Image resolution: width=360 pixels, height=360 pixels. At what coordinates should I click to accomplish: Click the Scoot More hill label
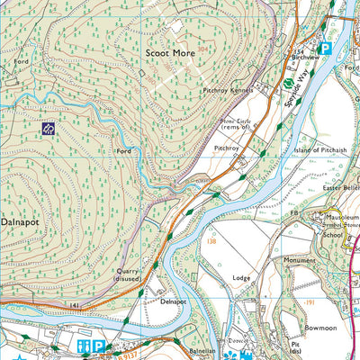(x=170, y=53)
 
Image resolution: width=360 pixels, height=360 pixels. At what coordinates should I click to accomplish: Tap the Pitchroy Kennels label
(x=229, y=91)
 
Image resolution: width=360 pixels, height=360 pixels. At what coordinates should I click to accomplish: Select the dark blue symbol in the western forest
(x=48, y=129)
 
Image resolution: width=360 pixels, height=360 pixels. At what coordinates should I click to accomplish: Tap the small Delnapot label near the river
(x=172, y=302)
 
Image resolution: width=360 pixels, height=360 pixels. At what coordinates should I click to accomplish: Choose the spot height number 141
(x=75, y=306)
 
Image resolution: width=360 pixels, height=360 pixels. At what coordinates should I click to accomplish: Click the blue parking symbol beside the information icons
(x=99, y=346)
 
